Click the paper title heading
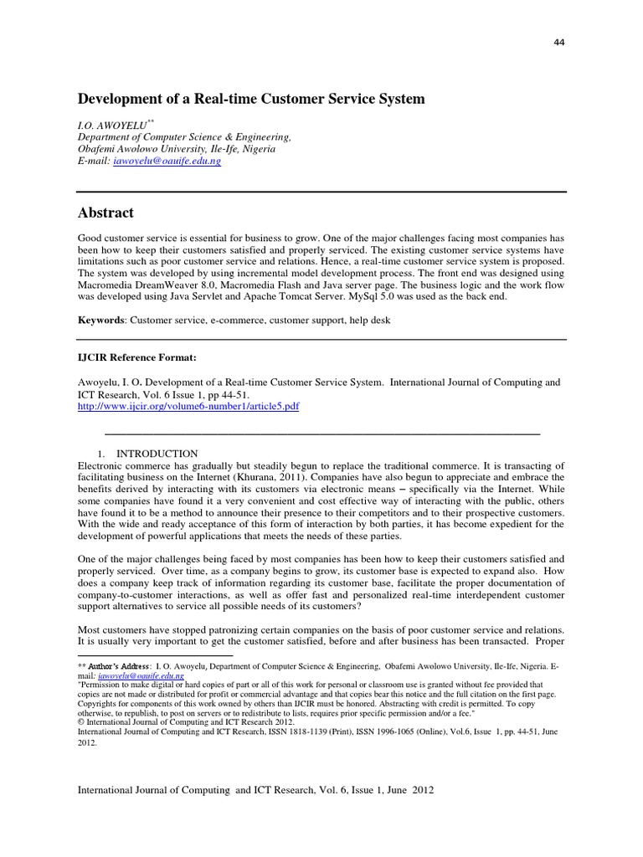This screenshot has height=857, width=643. [x=251, y=100]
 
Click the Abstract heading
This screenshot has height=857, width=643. [x=105, y=213]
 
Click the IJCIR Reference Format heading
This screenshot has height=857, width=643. [x=136, y=358]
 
